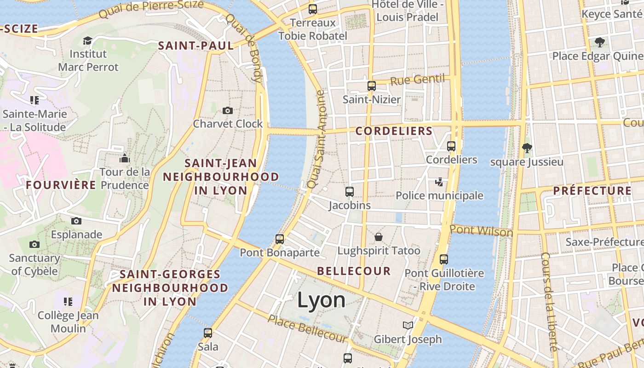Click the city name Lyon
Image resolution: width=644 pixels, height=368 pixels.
pyautogui.click(x=321, y=300)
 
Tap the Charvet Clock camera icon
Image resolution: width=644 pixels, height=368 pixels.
pyautogui.click(x=227, y=110)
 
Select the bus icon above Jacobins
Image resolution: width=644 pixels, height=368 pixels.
pyautogui.click(x=350, y=191)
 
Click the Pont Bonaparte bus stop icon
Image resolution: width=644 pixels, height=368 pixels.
pyautogui.click(x=280, y=239)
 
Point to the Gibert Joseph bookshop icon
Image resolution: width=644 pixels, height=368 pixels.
pyautogui.click(x=408, y=326)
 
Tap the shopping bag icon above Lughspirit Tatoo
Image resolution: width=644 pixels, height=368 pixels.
pyautogui.click(x=379, y=237)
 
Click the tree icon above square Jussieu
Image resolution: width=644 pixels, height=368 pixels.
pyautogui.click(x=527, y=148)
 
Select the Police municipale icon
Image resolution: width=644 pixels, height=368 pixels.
pyautogui.click(x=439, y=182)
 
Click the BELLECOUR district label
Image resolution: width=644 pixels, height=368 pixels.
pyautogui.click(x=354, y=271)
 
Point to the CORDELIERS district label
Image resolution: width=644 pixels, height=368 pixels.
pyautogui.click(x=394, y=131)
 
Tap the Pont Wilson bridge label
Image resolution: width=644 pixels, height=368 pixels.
pyautogui.click(x=481, y=230)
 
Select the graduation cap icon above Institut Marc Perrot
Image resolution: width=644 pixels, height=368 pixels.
pyautogui.click(x=87, y=40)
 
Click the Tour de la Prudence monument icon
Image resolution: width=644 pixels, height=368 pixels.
pyautogui.click(x=125, y=159)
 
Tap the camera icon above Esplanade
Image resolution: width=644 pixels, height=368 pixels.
pyautogui.click(x=76, y=221)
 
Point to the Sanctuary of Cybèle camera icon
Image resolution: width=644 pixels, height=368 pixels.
pyautogui.click(x=34, y=244)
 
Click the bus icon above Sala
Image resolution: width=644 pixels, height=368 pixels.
pyautogui.click(x=208, y=333)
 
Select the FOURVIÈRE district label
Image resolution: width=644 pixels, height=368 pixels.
pyautogui.click(x=61, y=185)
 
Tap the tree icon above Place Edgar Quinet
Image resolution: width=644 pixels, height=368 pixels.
pyautogui.click(x=599, y=42)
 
